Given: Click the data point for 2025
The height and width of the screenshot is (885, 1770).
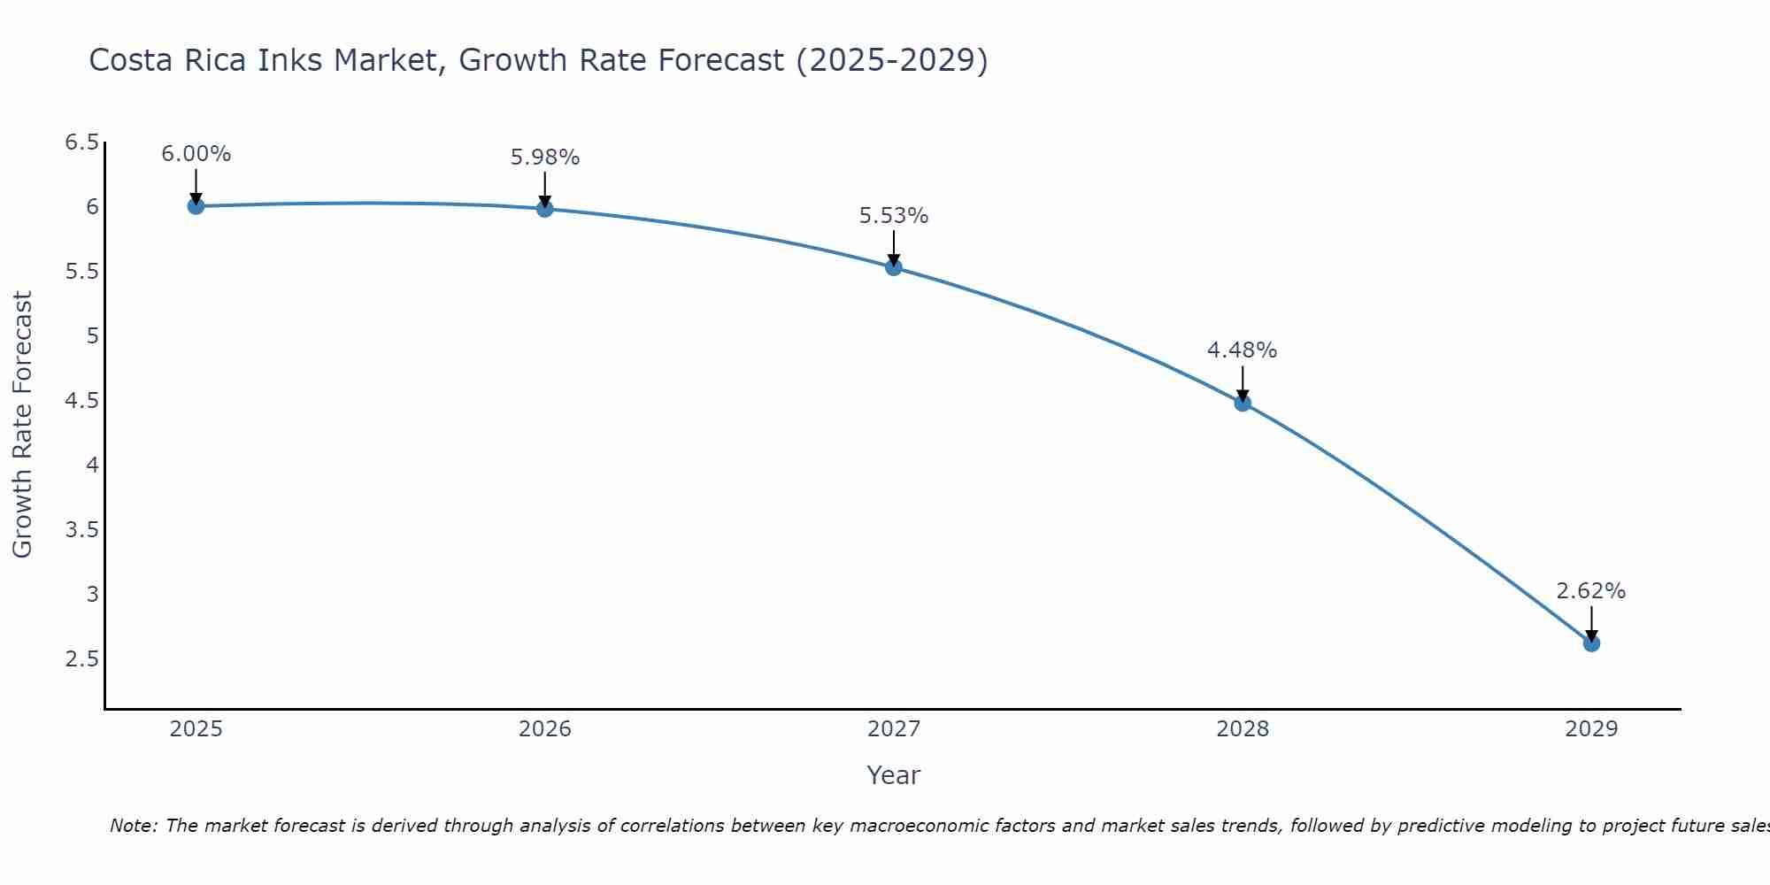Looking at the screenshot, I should click(196, 206).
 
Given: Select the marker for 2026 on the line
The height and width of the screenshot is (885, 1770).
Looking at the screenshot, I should click(545, 209).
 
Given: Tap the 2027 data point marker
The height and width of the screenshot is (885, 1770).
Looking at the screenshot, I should click(894, 267).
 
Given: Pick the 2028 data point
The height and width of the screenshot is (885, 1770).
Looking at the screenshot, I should click(1243, 404).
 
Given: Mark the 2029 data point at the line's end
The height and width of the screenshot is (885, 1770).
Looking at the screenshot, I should click(1591, 643).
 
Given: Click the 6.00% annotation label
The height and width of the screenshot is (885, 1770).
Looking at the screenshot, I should click(196, 154).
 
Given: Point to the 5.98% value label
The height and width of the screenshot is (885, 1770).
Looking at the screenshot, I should click(545, 158).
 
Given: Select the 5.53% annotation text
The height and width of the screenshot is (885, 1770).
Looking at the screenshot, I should click(894, 216).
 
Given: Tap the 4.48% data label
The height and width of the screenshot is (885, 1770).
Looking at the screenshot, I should click(1243, 350).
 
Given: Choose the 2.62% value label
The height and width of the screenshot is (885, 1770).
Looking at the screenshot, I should click(1591, 591).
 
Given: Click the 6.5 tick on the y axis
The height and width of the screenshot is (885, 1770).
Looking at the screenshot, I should click(81, 142).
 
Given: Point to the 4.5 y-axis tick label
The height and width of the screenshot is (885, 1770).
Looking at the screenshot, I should click(81, 401).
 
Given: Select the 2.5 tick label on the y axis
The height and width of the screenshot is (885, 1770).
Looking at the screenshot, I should click(81, 659).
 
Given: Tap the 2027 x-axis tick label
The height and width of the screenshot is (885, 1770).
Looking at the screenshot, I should click(894, 729).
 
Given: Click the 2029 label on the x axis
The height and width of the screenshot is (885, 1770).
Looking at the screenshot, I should click(1591, 729).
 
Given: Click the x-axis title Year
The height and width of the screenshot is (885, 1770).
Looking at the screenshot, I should click(894, 775).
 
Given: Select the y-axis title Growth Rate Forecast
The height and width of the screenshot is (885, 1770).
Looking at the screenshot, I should click(23, 425).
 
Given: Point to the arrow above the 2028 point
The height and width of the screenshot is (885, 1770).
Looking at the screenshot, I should click(1243, 382).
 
